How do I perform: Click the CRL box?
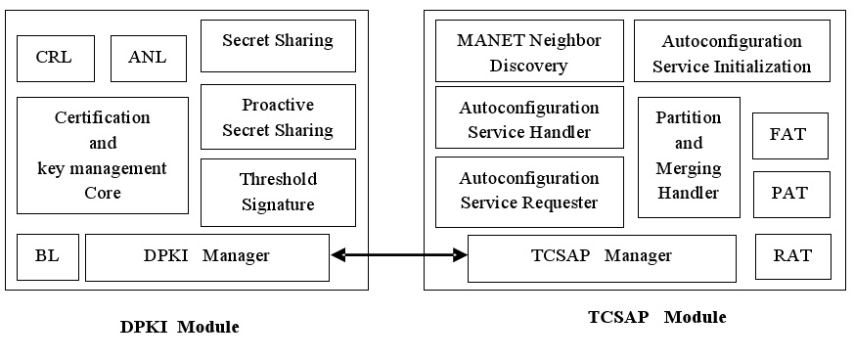click(x=57, y=58)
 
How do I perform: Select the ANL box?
click(x=148, y=58)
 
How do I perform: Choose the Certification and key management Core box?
click(x=103, y=155)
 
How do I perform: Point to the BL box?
click(x=47, y=256)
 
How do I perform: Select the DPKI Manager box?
click(x=207, y=256)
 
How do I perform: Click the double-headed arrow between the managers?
click(x=399, y=256)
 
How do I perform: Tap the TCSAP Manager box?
click(x=602, y=257)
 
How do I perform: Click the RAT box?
click(x=792, y=256)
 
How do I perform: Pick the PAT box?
click(x=790, y=194)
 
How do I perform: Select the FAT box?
click(x=789, y=135)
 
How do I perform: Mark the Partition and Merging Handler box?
click(x=689, y=156)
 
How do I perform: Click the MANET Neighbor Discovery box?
click(x=529, y=53)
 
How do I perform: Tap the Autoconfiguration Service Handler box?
click(x=529, y=117)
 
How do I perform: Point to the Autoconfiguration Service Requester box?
click(x=529, y=191)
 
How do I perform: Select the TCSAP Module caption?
click(x=656, y=317)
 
